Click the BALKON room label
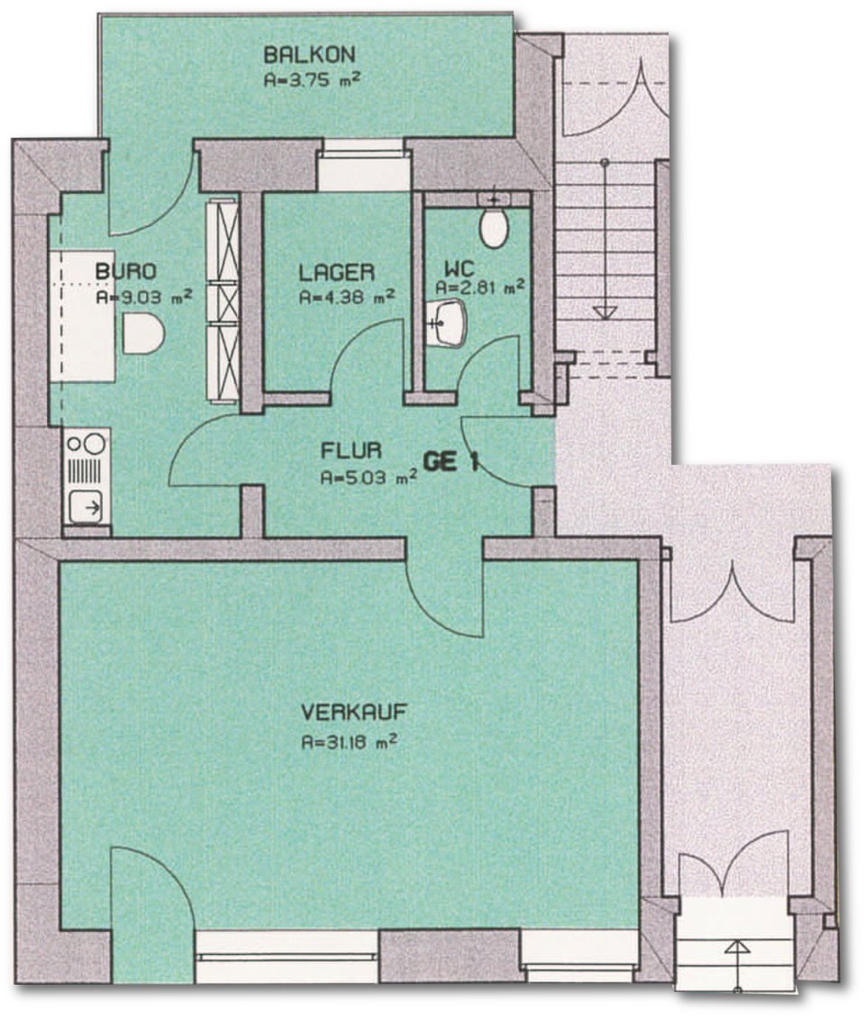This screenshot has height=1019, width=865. tap(309, 54)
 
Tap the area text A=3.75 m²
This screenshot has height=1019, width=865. tap(311, 80)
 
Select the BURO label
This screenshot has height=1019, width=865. tap(126, 271)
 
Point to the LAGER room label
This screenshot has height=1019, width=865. tap(337, 272)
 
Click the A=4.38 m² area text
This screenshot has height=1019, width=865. tap(346, 297)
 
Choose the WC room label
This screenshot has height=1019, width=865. tap(460, 268)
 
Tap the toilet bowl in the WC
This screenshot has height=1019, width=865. tap(494, 226)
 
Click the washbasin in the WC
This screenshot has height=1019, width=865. tap(449, 321)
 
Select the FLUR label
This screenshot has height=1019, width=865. tap(351, 450)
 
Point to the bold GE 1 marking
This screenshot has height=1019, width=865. tap(451, 462)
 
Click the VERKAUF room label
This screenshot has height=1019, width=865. tap(354, 713)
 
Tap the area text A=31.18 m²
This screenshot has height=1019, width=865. tap(350, 742)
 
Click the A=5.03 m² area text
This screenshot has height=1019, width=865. tap(369, 478)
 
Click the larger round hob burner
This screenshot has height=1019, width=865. tap(95, 444)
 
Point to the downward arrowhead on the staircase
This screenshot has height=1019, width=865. tap(605, 313)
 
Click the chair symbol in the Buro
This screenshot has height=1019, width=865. tap(142, 333)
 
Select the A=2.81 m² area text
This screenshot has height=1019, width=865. tap(480, 287)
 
